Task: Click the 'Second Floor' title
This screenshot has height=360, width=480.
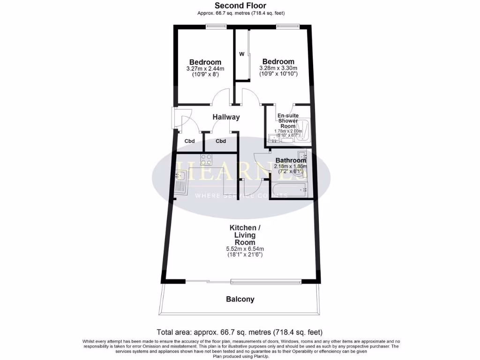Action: [x=240, y=6]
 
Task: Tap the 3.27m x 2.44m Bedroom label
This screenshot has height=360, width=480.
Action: [x=205, y=62]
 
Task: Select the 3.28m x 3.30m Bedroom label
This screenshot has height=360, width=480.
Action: [x=278, y=61]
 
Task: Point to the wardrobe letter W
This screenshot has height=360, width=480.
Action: [x=242, y=54]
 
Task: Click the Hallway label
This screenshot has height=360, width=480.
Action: [x=226, y=117]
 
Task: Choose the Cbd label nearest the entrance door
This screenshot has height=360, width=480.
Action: [x=189, y=141]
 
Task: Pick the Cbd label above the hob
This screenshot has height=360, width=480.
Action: [x=221, y=141]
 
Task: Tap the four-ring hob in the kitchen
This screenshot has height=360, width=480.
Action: [x=207, y=159]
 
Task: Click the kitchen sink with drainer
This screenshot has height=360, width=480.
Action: [x=181, y=183]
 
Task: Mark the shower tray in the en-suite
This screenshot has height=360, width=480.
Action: [x=303, y=130]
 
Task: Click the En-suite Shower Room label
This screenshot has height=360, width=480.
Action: [x=287, y=121]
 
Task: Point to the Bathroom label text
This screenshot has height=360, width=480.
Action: [x=291, y=160]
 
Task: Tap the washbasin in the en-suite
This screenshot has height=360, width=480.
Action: [x=272, y=138]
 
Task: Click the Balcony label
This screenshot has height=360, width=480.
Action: [x=240, y=299]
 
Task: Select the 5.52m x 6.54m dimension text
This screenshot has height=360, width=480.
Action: [x=243, y=249]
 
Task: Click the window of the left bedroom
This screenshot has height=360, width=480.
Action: [x=216, y=26]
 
